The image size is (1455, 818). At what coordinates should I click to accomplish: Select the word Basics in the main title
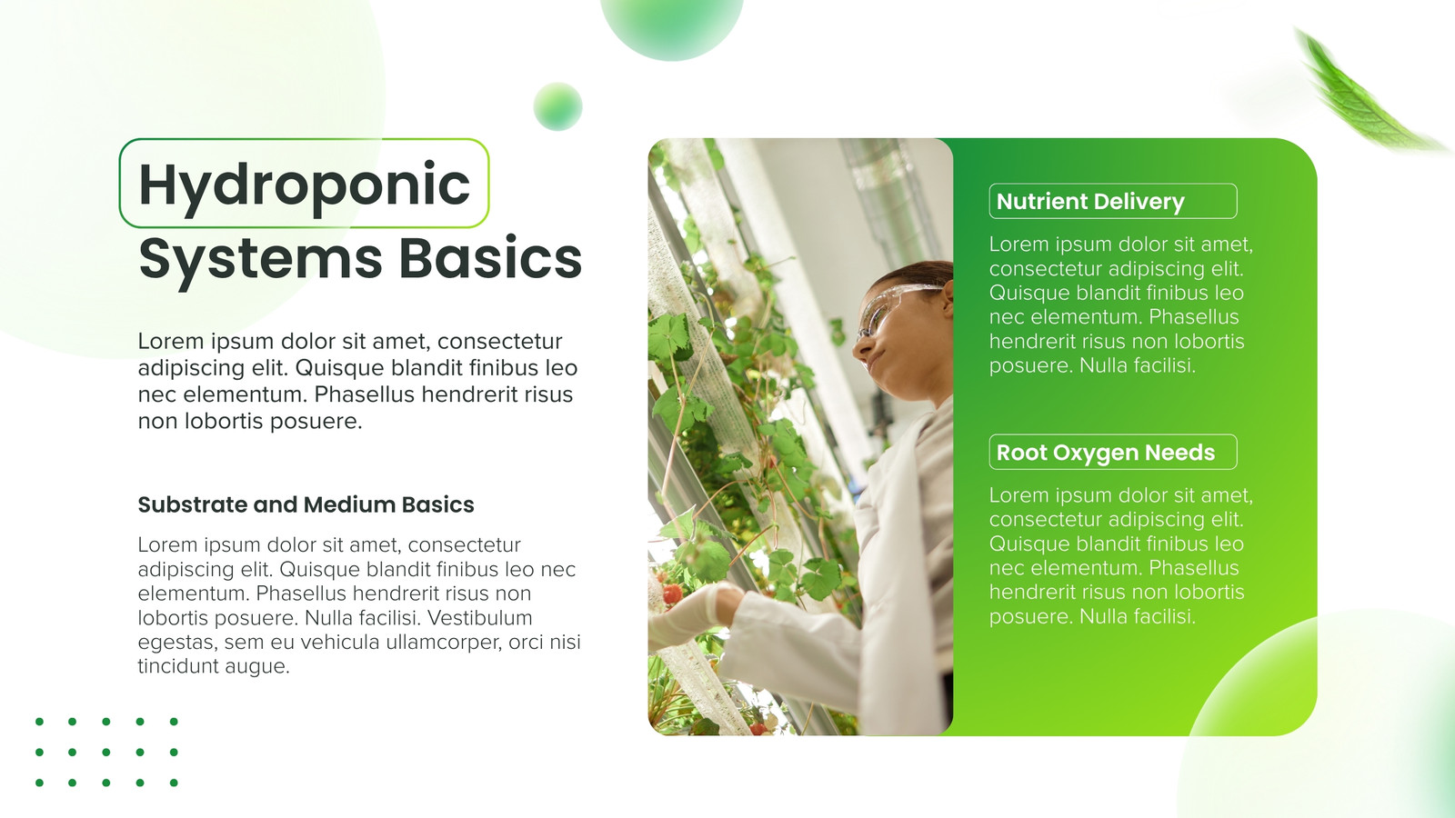(x=490, y=258)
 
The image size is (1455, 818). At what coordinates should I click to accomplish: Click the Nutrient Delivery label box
(x=1113, y=201)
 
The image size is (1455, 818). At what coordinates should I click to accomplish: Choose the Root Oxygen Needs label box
(x=1113, y=452)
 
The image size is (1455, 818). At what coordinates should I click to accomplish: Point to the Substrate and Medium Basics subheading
(x=306, y=504)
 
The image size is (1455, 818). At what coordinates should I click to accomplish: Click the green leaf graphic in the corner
(x=1364, y=91)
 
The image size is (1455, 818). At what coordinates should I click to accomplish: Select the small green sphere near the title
(x=557, y=106)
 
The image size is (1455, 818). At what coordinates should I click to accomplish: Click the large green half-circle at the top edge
(x=672, y=26)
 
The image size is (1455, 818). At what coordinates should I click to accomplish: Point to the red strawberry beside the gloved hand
(x=673, y=594)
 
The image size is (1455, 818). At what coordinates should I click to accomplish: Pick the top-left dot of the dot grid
(x=40, y=722)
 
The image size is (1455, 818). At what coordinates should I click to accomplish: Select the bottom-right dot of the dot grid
(x=174, y=783)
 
